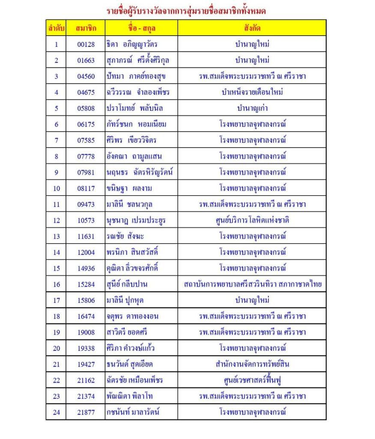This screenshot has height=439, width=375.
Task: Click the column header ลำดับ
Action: pos(56,28)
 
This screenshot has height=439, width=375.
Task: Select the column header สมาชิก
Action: pos(86,28)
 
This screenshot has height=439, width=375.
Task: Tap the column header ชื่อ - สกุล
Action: pos(141,28)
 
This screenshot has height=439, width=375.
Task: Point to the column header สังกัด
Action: pos(252,28)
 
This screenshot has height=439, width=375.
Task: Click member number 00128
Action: pos(86,44)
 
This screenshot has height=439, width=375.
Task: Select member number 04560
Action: pos(86,76)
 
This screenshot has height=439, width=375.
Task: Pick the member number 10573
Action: pos(86,220)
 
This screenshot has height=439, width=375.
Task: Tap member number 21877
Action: pos(86,412)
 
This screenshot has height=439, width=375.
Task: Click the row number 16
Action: pos(57,285)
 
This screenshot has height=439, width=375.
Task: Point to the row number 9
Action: pos(57,172)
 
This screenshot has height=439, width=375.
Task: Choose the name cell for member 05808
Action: pos(132,108)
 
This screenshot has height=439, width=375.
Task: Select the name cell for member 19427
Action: pos(129,364)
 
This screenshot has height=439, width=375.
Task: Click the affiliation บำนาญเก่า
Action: pos(252,108)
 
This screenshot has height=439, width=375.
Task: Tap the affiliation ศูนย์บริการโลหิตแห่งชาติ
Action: pos(252,220)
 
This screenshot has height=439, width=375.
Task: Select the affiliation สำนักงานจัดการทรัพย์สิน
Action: pos(252,364)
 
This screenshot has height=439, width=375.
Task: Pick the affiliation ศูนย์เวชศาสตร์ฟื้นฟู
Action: pos(252,380)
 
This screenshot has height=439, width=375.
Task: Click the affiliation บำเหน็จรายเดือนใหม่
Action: pos(252,92)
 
